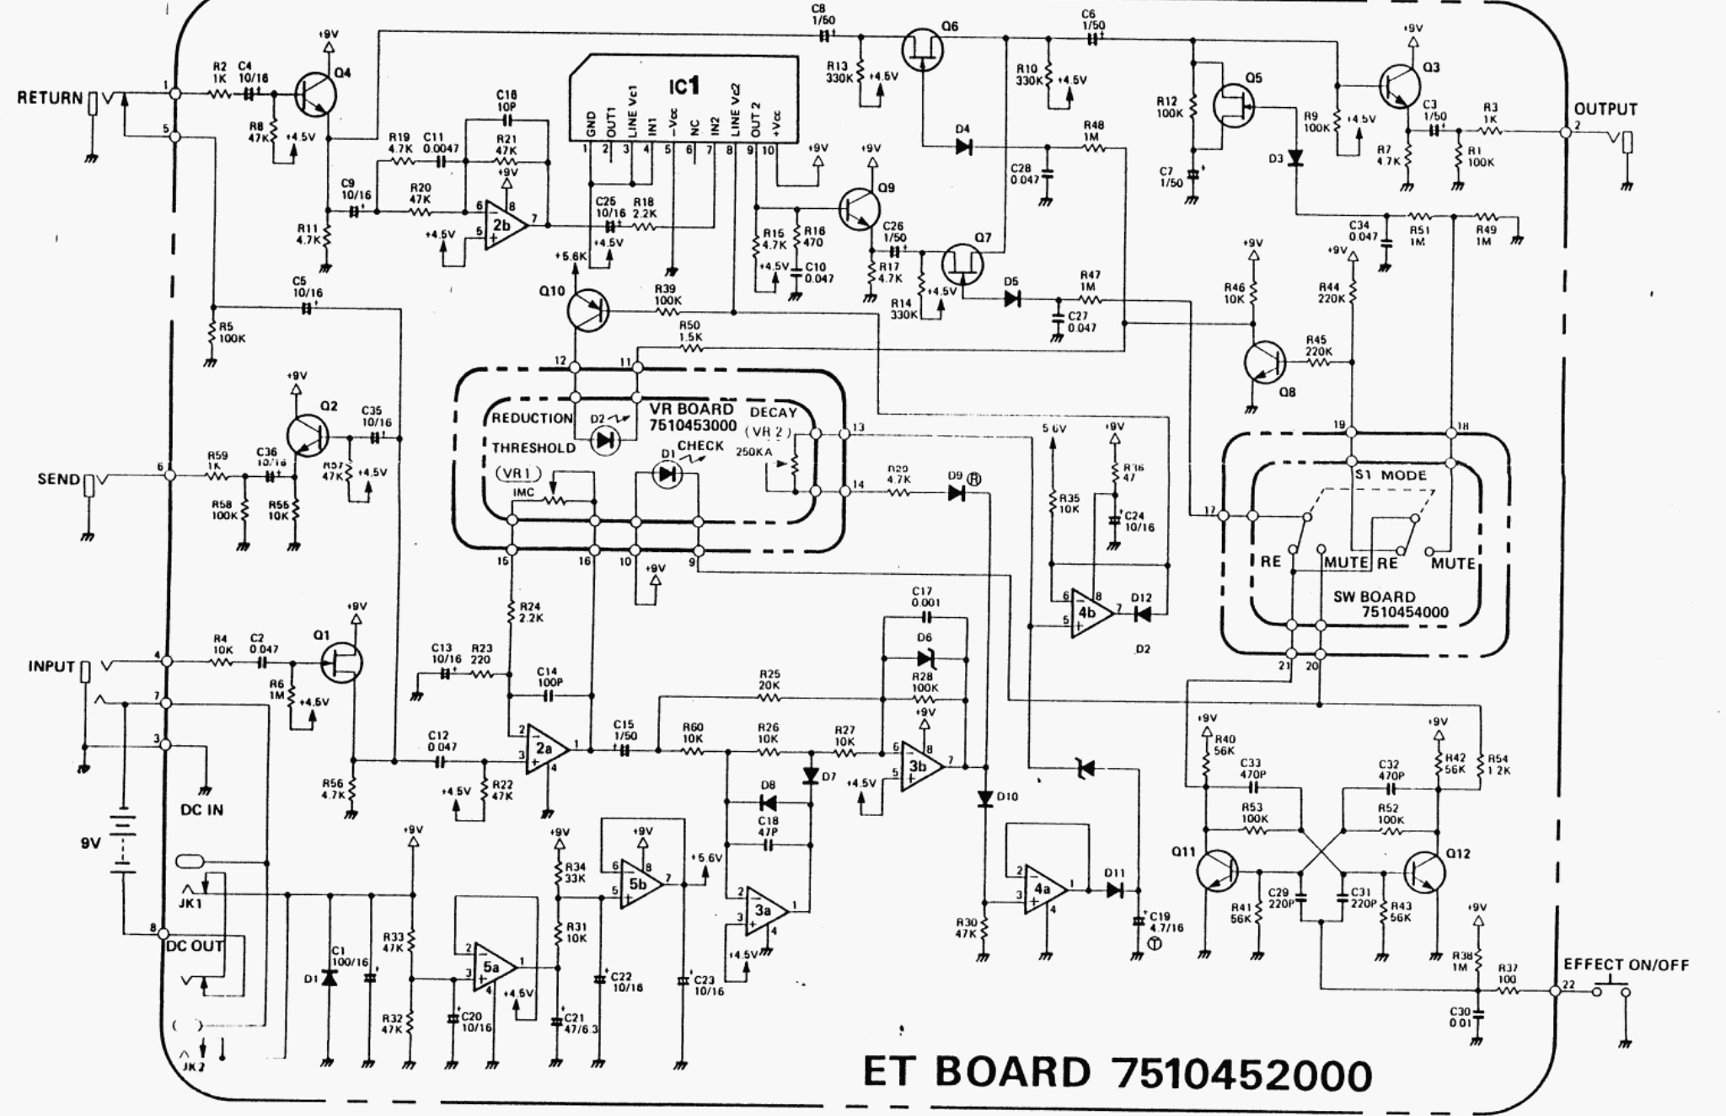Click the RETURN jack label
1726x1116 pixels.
[50, 98]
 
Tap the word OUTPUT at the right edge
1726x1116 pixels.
[1605, 110]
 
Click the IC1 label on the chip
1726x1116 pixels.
[683, 87]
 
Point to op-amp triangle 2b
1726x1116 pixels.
[506, 225]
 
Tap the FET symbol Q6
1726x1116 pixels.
[922, 49]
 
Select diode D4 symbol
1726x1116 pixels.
[963, 147]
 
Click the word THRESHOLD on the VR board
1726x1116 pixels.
[533, 448]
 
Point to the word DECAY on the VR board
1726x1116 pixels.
[773, 412]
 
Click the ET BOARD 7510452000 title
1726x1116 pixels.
[1117, 1073]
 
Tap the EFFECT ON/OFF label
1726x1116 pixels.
[1626, 965]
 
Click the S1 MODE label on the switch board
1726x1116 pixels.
[1391, 475]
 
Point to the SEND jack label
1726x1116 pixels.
[58, 479]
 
